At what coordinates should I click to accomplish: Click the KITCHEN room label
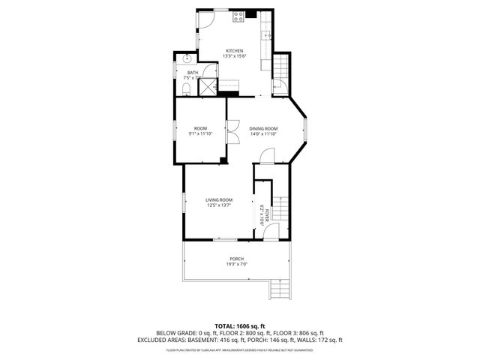pos(234,50)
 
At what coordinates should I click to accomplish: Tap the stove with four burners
pos(238,15)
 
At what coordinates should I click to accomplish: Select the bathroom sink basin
pos(187,58)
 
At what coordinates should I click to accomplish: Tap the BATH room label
pos(192,73)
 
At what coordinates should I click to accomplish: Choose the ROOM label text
pos(200,128)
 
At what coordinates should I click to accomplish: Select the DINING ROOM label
pos(263,128)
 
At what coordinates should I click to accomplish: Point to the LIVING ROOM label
pos(219,199)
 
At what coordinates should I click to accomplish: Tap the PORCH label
pos(237,259)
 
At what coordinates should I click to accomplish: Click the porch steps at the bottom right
pos(278,289)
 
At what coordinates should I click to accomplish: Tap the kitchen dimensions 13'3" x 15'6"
pos(234,56)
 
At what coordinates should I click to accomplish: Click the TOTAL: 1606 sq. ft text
pos(239,325)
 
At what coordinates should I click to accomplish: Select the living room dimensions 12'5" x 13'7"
pos(219,205)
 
